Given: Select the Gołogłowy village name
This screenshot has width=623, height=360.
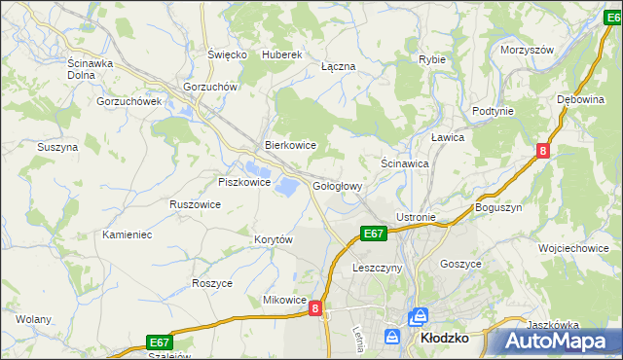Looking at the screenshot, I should (x=338, y=186).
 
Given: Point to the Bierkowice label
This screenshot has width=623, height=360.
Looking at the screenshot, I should (x=291, y=145).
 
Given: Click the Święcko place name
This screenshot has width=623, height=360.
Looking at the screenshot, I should (x=227, y=55).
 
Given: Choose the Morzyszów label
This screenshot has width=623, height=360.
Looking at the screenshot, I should (x=527, y=50).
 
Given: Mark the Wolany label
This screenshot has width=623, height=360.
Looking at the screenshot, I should (x=33, y=318).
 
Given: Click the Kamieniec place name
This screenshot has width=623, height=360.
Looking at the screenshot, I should (x=128, y=234).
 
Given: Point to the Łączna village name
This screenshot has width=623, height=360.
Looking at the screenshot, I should (x=338, y=66).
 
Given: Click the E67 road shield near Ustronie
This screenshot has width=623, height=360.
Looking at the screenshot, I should (x=375, y=234).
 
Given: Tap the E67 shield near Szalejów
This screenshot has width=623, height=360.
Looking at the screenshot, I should (x=161, y=342).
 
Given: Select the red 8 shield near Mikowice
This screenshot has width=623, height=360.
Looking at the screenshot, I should (x=315, y=307).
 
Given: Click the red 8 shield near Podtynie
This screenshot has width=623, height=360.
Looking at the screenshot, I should (x=543, y=150).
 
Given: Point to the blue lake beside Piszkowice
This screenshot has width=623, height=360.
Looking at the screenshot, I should (x=287, y=184).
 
